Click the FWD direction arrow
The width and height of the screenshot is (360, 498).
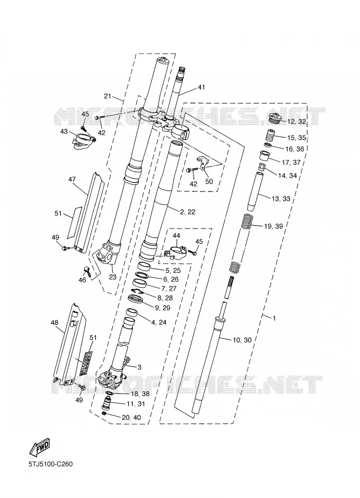click(x=40, y=447)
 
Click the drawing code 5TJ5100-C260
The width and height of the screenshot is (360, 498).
click(x=50, y=464)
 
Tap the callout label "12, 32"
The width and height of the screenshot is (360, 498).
click(x=296, y=121)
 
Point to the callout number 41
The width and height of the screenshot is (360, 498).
click(x=201, y=87)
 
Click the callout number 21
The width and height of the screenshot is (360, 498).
click(x=108, y=96)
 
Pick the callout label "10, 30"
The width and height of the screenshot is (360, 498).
click(x=242, y=340)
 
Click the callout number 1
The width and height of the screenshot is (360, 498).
click(x=274, y=318)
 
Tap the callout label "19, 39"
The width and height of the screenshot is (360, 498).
click(x=273, y=226)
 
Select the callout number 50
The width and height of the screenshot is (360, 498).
click(x=209, y=181)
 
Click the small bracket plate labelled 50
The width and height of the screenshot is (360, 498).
click(x=202, y=163)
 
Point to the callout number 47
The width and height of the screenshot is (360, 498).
click(x=72, y=179)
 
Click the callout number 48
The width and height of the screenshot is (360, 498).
click(x=55, y=323)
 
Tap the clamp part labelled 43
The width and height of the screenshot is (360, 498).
click(x=84, y=141)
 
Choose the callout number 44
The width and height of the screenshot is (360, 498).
click(x=176, y=235)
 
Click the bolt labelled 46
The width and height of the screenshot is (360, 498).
click(x=87, y=271)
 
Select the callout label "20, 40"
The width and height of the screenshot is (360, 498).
click(x=131, y=417)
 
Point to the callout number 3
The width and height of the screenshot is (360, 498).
click(x=139, y=367)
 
